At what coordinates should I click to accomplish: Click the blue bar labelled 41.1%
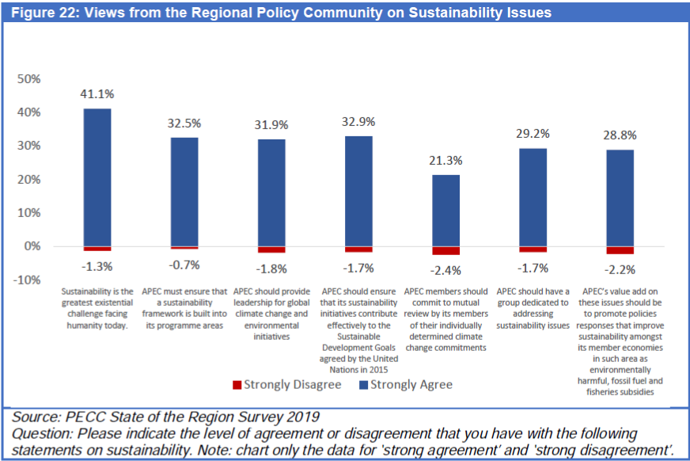click(x=97, y=177)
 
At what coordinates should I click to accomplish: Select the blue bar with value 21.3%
click(x=445, y=211)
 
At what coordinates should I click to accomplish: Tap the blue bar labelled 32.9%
click(x=358, y=191)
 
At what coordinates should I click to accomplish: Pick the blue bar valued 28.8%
click(x=620, y=198)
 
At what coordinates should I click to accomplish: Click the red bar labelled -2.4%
click(x=445, y=250)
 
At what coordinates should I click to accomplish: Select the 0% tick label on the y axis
click(x=32, y=246)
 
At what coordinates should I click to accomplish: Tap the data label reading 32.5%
click(x=184, y=124)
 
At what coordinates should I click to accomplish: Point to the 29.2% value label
click(x=533, y=134)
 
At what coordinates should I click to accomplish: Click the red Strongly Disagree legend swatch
click(x=236, y=385)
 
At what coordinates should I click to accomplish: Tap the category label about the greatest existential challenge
click(x=97, y=308)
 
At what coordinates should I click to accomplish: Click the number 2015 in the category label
click(x=381, y=369)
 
